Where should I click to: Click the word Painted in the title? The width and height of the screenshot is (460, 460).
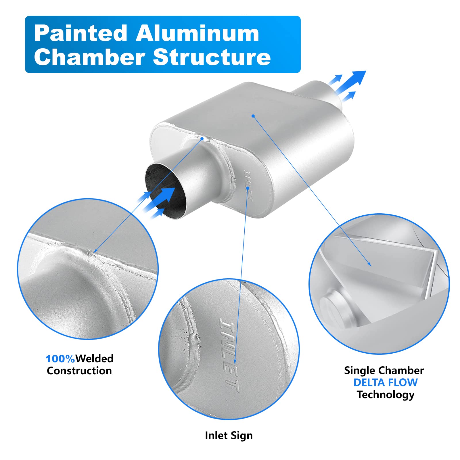tap(80, 34)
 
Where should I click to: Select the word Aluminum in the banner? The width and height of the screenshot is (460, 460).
tap(197, 34)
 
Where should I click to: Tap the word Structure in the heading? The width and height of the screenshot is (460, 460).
tap(212, 57)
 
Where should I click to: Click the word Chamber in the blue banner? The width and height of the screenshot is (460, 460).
tap(89, 57)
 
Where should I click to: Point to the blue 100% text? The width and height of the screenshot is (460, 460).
tap(60, 359)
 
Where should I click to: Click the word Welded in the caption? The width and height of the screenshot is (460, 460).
tap(95, 359)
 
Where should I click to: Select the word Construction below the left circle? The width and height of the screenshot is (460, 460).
tap(79, 371)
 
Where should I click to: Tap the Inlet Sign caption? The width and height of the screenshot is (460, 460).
tap(229, 436)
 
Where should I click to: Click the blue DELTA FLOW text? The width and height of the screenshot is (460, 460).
tap(385, 383)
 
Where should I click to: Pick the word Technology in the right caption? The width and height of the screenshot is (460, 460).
tap(385, 395)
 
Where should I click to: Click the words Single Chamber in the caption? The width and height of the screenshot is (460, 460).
tap(384, 371)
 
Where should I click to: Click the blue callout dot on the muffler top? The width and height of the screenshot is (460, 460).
tap(253, 116)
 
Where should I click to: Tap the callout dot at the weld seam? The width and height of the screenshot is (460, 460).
tap(202, 139)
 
